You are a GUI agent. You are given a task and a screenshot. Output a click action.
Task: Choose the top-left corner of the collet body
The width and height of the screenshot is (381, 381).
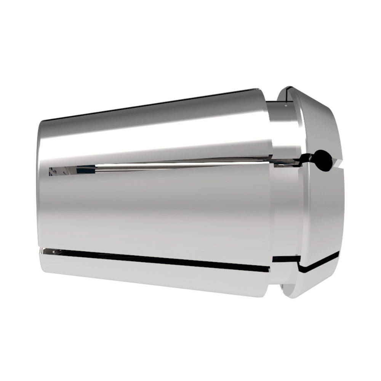click(x=42, y=122)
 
